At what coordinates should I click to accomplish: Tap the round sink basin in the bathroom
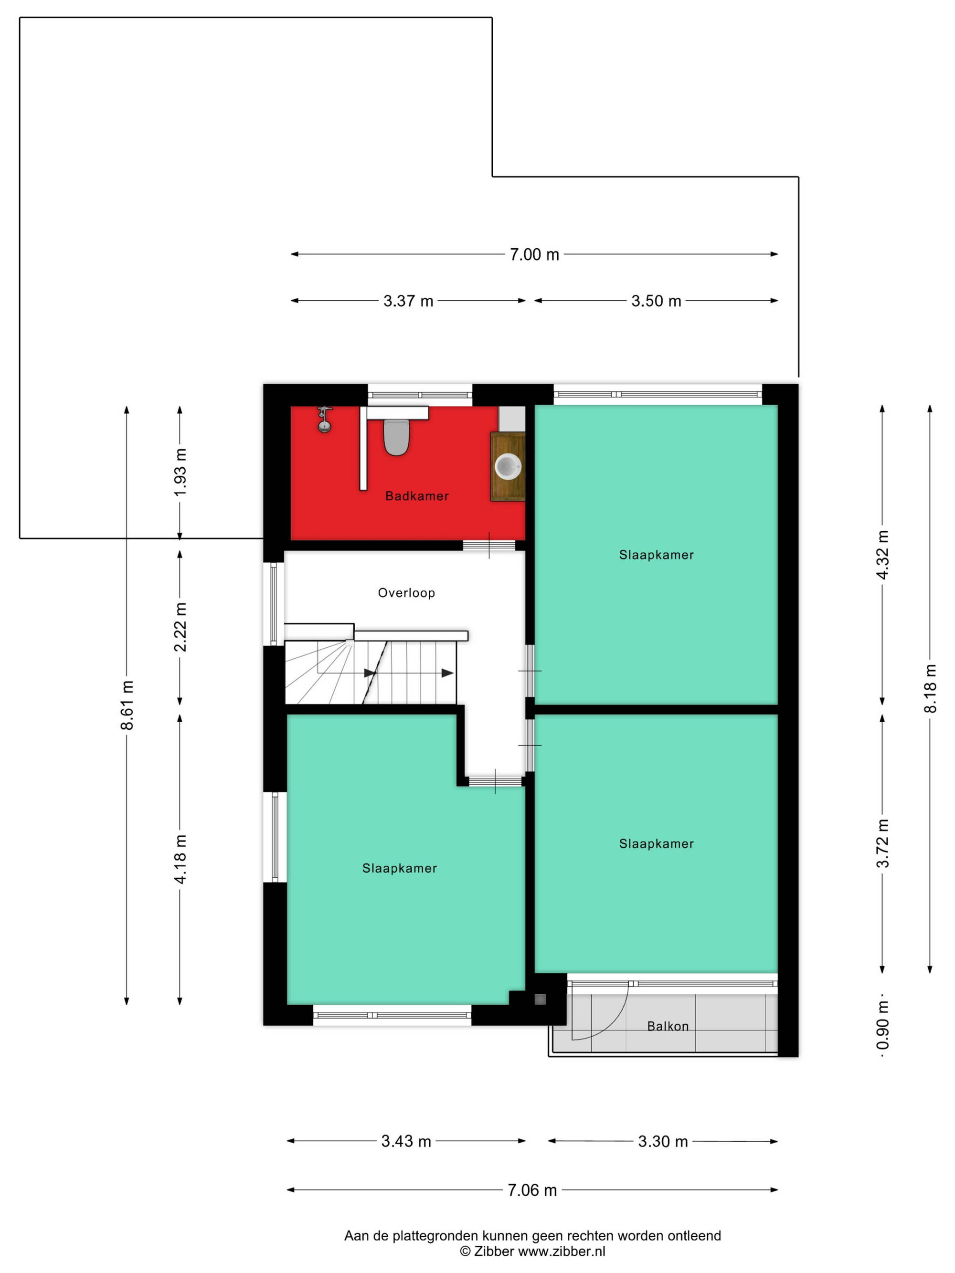(508, 466)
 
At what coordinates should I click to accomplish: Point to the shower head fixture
(325, 419)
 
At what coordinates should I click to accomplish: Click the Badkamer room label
(417, 496)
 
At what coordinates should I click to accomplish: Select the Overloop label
(406, 593)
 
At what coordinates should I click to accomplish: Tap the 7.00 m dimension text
(534, 254)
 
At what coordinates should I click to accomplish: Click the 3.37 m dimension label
(408, 301)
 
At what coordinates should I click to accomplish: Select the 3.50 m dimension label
(656, 301)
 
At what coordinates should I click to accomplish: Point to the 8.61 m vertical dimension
(127, 705)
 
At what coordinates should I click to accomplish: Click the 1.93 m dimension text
(180, 472)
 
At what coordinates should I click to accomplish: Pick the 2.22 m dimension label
(180, 627)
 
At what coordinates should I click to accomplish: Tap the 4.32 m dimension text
(882, 555)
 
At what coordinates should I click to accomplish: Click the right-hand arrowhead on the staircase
(447, 673)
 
